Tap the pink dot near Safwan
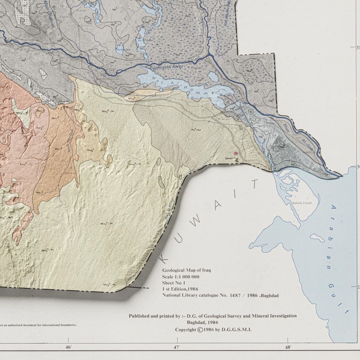[236, 153]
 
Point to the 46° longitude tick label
[68, 347]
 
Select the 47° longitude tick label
[177, 347]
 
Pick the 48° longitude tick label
[288, 347]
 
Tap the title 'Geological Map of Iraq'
[187, 270]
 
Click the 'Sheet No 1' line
[174, 284]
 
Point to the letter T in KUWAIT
[255, 183]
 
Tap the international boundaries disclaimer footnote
[37, 324]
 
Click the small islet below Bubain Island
[317, 238]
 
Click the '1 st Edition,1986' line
[181, 290]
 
